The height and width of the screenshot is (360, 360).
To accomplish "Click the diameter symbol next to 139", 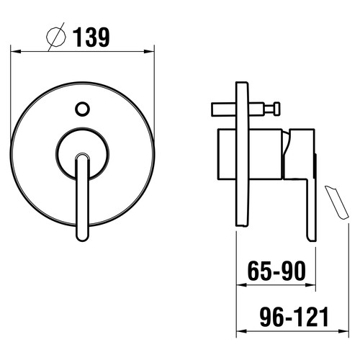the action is tap(56, 37).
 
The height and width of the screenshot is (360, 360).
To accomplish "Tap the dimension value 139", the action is tap(91, 37).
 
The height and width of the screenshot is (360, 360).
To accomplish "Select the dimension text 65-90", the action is tap(276, 271).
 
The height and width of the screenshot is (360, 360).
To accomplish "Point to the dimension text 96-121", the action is tap(294, 317).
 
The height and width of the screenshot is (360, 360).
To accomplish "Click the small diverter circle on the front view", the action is tap(82, 109).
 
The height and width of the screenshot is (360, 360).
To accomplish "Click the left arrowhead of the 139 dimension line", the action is tap(16, 51).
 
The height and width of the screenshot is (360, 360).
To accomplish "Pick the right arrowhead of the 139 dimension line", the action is tap(149, 51).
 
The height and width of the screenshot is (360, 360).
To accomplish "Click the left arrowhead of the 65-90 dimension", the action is tap(242, 285).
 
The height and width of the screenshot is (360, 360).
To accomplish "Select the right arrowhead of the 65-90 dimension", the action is tap(310, 285).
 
